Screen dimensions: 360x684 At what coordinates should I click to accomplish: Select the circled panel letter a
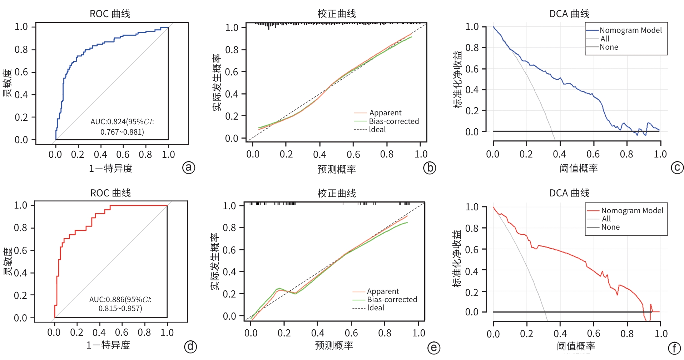(x=189, y=167)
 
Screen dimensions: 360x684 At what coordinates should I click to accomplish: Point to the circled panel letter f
(x=674, y=348)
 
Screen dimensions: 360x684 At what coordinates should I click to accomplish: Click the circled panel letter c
(x=677, y=167)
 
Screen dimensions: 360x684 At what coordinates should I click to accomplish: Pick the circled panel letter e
(x=433, y=348)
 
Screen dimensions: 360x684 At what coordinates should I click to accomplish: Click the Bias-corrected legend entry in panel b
(x=393, y=121)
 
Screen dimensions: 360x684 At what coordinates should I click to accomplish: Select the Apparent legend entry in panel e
(x=383, y=291)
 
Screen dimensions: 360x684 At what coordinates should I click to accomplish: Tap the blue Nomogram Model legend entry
(x=630, y=30)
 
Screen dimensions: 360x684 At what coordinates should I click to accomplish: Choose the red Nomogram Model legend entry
(x=632, y=211)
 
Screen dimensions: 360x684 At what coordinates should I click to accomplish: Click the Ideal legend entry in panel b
(x=377, y=130)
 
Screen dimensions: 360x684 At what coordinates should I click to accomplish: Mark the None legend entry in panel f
(x=610, y=227)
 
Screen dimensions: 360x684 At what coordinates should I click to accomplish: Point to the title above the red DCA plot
(x=569, y=193)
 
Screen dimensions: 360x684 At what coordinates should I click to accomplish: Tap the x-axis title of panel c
(x=579, y=168)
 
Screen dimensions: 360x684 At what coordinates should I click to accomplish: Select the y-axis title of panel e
(x=215, y=261)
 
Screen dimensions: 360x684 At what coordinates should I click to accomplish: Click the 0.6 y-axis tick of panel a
(x=21, y=72)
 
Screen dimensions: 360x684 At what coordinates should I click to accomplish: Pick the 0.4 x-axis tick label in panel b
(x=319, y=154)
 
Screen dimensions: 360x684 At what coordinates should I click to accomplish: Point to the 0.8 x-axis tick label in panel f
(x=627, y=334)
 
